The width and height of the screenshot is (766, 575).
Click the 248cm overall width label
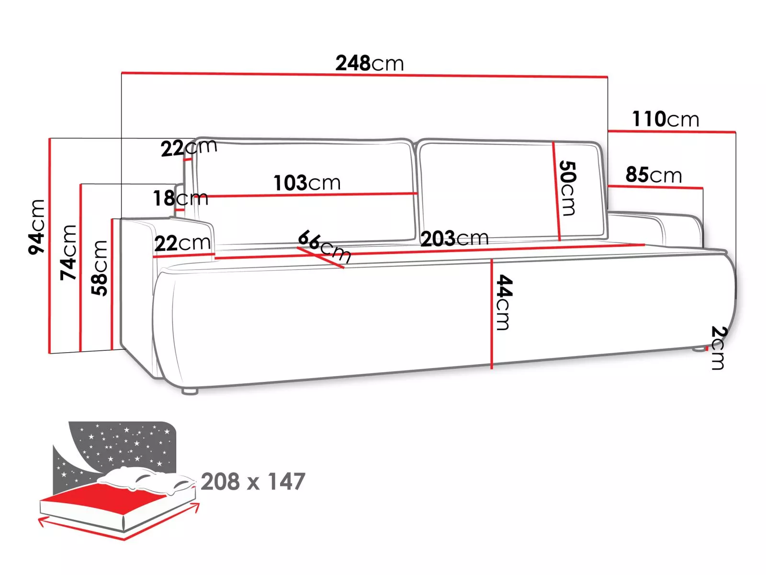pos(369,63)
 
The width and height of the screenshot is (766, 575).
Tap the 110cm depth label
pos(665,119)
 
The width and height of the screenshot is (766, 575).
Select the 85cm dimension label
pos(653,174)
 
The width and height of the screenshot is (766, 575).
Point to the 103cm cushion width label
pos(307,183)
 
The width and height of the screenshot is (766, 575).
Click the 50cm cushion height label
pos(567,188)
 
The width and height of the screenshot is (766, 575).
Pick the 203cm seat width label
pos(454,239)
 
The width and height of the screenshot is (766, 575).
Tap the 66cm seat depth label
pos(325,246)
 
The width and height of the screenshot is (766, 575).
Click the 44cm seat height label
pos(504,302)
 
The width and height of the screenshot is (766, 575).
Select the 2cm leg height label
pos(719,347)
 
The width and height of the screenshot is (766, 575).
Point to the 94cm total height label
pos(37,227)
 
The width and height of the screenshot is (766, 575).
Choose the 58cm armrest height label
pos(99,268)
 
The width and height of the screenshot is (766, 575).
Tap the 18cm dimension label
pos(180,198)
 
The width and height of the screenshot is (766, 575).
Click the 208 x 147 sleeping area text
pos(253,482)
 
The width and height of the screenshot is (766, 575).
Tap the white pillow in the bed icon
pos(146,480)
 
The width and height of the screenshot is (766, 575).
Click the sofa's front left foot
pos(190,391)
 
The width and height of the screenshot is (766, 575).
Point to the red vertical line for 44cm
pos(491,314)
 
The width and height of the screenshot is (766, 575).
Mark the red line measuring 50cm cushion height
pos(556,191)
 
